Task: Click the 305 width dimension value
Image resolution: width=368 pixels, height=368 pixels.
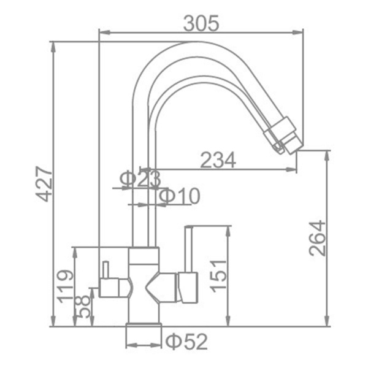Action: point(201,23)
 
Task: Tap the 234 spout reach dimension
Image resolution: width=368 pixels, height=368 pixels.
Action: point(218,160)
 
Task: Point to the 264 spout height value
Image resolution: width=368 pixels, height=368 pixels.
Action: point(318,238)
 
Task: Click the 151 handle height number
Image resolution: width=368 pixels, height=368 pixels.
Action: point(218,276)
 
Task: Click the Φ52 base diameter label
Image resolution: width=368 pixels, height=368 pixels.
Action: point(186,342)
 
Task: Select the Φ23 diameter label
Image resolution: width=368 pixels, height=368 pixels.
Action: point(140,180)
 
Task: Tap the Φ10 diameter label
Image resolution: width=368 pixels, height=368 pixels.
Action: point(180,196)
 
